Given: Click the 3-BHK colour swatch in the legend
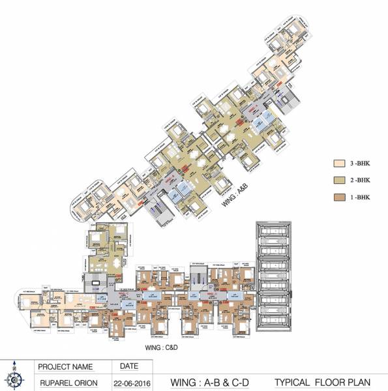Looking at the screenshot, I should [338, 163].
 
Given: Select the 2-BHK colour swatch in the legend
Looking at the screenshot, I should [338, 178].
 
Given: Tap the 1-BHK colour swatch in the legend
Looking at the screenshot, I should [338, 194].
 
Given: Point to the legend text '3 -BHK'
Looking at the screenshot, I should [360, 163].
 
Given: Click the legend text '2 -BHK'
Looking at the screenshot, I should [360, 178].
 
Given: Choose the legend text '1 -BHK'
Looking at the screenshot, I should [360, 194].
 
